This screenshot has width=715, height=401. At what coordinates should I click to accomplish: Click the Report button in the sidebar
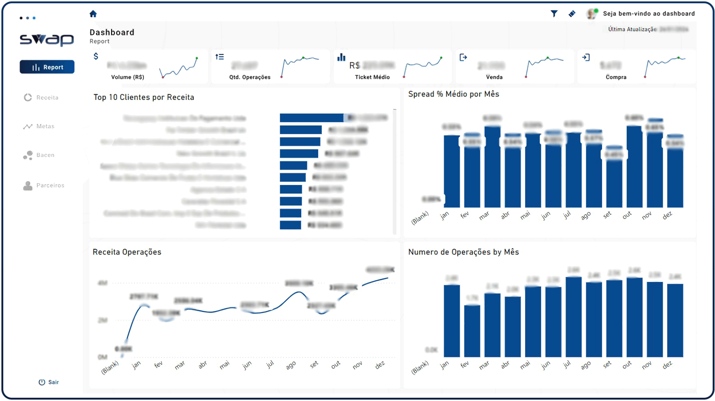(x=47, y=67)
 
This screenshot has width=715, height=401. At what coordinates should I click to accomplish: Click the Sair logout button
(x=49, y=382)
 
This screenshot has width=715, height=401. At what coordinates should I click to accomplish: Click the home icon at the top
(x=93, y=14)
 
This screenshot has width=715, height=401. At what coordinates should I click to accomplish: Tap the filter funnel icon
(x=554, y=14)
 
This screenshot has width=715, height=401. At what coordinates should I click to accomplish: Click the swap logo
(x=47, y=39)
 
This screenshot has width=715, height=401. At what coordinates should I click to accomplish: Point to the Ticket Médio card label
(x=372, y=77)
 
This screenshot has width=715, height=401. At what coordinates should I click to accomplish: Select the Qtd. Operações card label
(x=250, y=77)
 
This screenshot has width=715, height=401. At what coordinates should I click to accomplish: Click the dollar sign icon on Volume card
(x=96, y=56)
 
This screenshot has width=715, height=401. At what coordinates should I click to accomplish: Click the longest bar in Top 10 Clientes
(x=312, y=118)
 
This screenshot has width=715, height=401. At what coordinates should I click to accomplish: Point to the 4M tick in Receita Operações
(x=102, y=283)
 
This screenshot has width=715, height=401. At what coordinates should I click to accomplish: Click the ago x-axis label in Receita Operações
(x=291, y=365)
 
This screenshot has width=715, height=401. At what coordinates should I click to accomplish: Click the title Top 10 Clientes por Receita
(x=144, y=97)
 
